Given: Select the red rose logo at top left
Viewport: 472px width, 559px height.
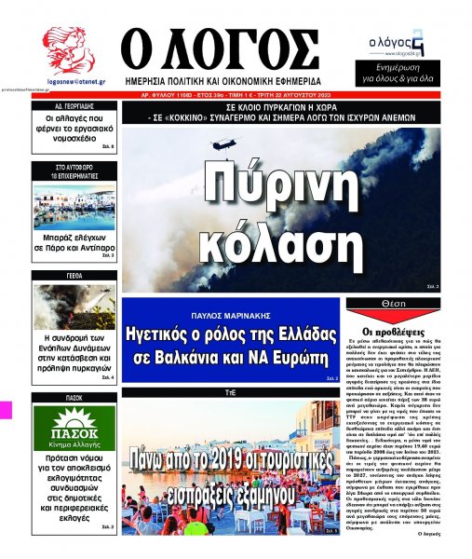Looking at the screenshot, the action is [x=67, y=48].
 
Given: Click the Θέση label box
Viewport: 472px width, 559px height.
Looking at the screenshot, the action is [x=393, y=305].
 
